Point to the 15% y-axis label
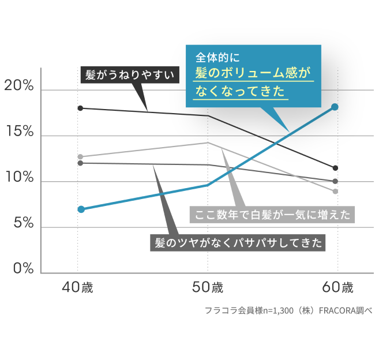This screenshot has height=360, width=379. pos(19,133)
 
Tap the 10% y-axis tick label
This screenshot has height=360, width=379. pos(19,178)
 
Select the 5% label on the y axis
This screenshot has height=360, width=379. pos(21,224)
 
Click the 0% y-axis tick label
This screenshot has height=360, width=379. pos(21,269)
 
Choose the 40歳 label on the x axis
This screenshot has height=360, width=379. pos(77,287)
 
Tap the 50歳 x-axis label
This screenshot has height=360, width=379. pos(207,287)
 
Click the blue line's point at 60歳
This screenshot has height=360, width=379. pos(335,107)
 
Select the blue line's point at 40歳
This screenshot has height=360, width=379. pos(81,209)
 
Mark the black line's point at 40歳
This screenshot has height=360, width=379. pos(81,108)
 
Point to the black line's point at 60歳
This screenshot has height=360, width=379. pos(335,168)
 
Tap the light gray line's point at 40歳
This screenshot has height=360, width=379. pos(81,156)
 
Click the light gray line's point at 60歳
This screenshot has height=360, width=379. pos(335,191)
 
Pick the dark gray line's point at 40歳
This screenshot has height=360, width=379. pos(81,163)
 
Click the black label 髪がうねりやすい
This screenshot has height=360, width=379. pos(129,75)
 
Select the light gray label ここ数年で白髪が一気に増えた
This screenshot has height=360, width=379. pos(273,215)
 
